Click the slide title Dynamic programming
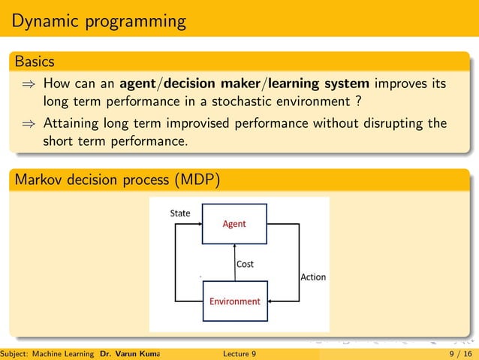pos(99,21)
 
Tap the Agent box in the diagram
pos(233,224)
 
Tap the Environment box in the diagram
pos(234,301)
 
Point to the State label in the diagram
pos(180,213)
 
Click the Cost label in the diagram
pos(245,264)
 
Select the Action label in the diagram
pos(313,277)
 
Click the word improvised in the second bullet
pos(194,123)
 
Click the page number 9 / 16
pos(456,353)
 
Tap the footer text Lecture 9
pos(239,353)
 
